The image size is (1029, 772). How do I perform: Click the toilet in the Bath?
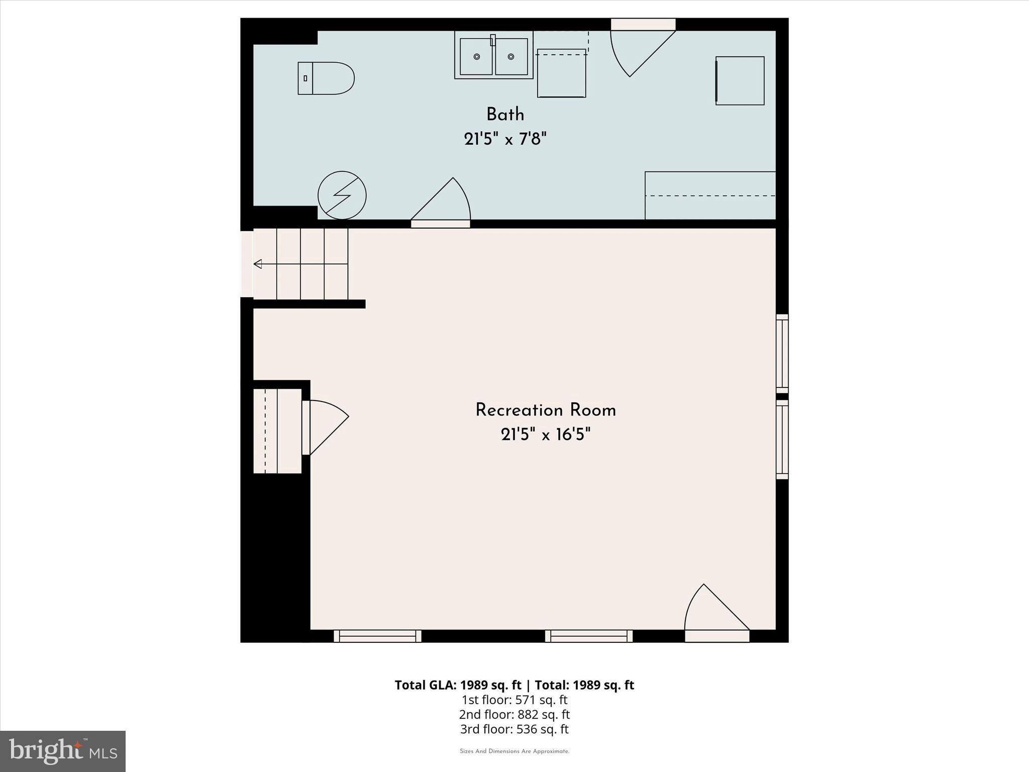(x=326, y=78)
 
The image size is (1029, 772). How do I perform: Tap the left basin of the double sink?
(x=476, y=57)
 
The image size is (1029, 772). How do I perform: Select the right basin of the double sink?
(x=511, y=57)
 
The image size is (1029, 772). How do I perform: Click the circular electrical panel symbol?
(x=342, y=196)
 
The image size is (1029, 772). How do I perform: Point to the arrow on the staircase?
(x=258, y=264)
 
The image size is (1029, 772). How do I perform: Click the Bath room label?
(x=505, y=115)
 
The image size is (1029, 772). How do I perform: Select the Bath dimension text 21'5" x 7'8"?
(x=505, y=138)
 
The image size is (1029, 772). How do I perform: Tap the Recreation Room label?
(x=546, y=410)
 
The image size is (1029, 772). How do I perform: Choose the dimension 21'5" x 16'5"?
(x=546, y=434)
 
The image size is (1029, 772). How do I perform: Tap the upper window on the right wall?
(x=782, y=354)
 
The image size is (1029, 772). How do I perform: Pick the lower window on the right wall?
(x=782, y=440)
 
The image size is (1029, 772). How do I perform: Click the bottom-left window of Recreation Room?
(x=377, y=636)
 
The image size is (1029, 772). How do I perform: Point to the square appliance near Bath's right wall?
(x=740, y=81)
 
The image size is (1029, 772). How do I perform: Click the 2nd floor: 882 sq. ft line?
(x=514, y=714)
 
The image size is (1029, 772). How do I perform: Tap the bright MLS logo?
(x=63, y=751)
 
